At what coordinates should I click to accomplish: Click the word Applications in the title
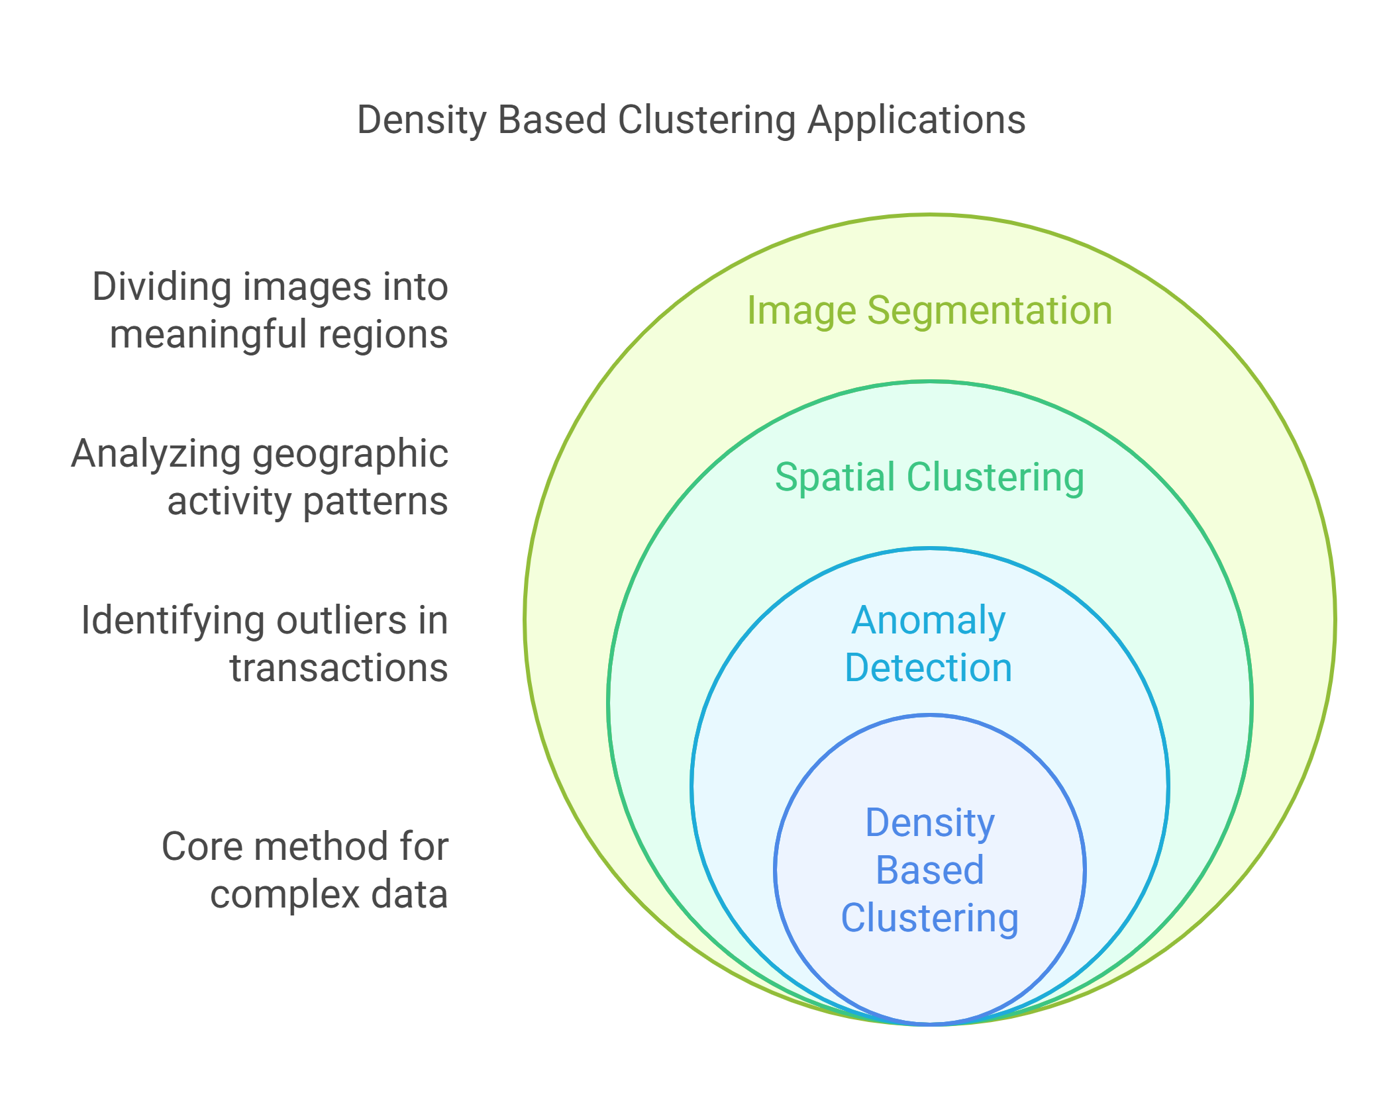917,121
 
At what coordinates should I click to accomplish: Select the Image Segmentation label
929,310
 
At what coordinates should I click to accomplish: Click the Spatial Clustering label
929,477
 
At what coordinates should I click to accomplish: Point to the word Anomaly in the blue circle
929,621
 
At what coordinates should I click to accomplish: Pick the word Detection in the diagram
929,668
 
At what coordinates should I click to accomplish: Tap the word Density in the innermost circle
930,823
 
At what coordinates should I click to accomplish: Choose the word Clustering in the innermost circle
930,918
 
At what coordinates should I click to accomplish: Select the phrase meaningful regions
279,334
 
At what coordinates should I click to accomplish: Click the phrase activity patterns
307,502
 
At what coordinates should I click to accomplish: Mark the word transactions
338,668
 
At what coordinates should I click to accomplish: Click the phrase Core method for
305,847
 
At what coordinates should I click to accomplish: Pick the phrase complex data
329,894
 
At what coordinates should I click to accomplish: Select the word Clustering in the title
707,121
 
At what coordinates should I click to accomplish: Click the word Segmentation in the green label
990,310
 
